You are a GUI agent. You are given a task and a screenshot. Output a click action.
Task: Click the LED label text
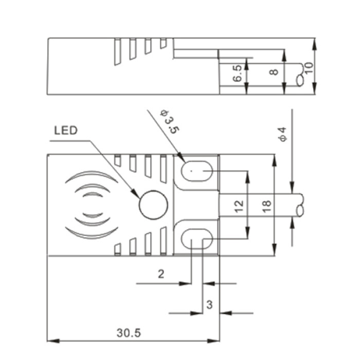coord(66,131)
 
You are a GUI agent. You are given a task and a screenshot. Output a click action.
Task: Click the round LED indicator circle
coord(153,205)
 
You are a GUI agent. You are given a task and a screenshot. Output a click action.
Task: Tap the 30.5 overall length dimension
coord(129,333)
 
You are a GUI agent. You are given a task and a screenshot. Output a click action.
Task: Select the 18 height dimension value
coord(266,206)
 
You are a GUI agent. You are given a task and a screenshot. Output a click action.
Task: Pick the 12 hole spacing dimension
coord(239,206)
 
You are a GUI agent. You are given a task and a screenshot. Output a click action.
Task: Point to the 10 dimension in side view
coord(309,67)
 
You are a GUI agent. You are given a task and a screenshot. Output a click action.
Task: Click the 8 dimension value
coord(274,72)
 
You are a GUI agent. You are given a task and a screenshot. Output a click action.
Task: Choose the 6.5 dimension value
coord(237,73)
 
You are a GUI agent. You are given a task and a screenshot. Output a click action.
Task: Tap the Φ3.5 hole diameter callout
coord(170,122)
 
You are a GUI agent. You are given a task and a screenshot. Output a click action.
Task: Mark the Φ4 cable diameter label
coord(282,134)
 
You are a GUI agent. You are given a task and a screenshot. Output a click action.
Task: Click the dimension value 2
coord(161,274)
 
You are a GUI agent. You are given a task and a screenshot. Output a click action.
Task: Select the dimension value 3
coord(209,304)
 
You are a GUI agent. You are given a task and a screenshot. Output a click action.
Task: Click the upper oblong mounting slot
coord(197,171)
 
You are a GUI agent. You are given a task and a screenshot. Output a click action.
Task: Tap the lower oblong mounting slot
coord(197,239)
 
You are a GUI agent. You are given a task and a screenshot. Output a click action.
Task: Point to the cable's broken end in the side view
coord(300,75)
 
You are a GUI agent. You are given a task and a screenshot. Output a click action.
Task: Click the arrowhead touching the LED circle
coord(136,193)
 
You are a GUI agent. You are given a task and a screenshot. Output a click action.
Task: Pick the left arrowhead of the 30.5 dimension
coord(53,341)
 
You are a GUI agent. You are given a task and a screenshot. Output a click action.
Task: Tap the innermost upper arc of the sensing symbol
coord(93,194)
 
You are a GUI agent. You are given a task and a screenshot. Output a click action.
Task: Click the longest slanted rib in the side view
coord(118,52)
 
